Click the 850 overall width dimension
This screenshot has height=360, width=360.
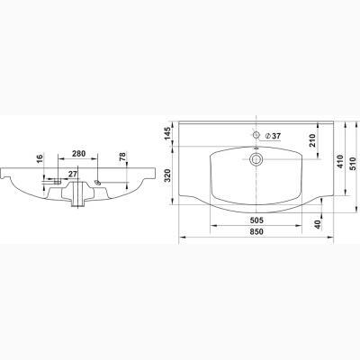[256, 231]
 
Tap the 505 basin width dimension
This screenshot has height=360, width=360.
[256, 220]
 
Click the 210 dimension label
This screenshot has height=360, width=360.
[312, 140]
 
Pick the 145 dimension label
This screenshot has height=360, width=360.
[167, 133]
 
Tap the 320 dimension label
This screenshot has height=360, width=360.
[167, 175]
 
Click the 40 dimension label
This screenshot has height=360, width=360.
[318, 224]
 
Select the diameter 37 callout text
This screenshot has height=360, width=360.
[274, 136]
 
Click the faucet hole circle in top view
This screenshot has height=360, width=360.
[256, 135]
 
